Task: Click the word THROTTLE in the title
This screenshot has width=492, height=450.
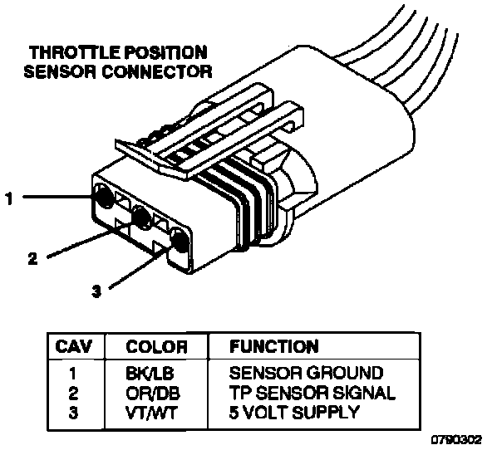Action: (75, 52)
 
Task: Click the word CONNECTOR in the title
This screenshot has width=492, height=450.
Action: (157, 71)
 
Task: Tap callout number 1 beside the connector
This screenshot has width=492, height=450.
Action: (9, 198)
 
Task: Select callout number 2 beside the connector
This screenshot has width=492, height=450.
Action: (32, 258)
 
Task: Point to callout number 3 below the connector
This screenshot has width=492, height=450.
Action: (96, 291)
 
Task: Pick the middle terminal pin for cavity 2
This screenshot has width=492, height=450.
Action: (141, 217)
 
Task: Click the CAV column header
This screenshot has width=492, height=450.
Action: (74, 346)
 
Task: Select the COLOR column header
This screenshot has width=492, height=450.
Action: (156, 346)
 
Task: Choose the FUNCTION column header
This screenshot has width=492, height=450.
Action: (273, 346)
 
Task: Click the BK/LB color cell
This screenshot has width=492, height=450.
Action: (150, 373)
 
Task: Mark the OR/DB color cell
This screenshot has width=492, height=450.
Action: (153, 393)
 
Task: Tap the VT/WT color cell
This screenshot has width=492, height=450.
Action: (151, 413)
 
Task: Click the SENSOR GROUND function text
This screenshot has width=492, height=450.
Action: (306, 373)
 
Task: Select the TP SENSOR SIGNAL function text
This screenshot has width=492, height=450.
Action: (312, 393)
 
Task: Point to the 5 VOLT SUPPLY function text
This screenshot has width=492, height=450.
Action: (294, 413)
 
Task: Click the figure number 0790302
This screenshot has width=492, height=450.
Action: (456, 440)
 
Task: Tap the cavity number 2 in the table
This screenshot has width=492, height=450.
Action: (73, 393)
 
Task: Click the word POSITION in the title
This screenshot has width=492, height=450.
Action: (166, 52)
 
